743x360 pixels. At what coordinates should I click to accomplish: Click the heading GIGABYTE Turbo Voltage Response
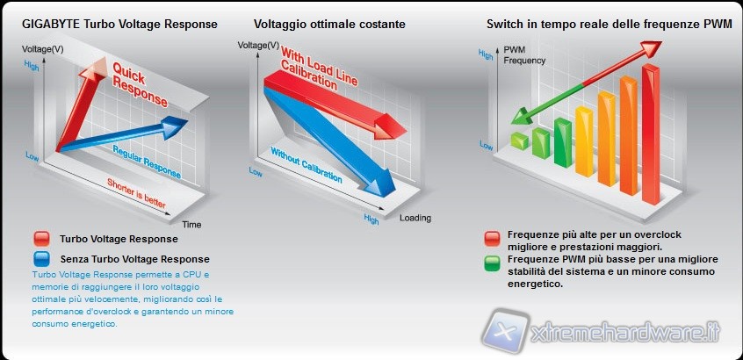[x=119, y=24]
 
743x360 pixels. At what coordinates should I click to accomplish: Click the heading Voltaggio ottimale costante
[x=329, y=24]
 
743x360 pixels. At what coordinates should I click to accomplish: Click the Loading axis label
[x=415, y=218]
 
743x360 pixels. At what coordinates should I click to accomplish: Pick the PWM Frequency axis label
[x=523, y=55]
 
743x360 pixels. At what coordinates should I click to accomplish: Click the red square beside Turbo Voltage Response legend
[x=40, y=239]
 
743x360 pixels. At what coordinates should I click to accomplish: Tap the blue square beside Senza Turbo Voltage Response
[x=40, y=259]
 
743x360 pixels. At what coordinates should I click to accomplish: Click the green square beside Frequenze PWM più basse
[x=492, y=260]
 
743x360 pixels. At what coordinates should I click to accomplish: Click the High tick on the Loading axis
[x=371, y=216]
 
